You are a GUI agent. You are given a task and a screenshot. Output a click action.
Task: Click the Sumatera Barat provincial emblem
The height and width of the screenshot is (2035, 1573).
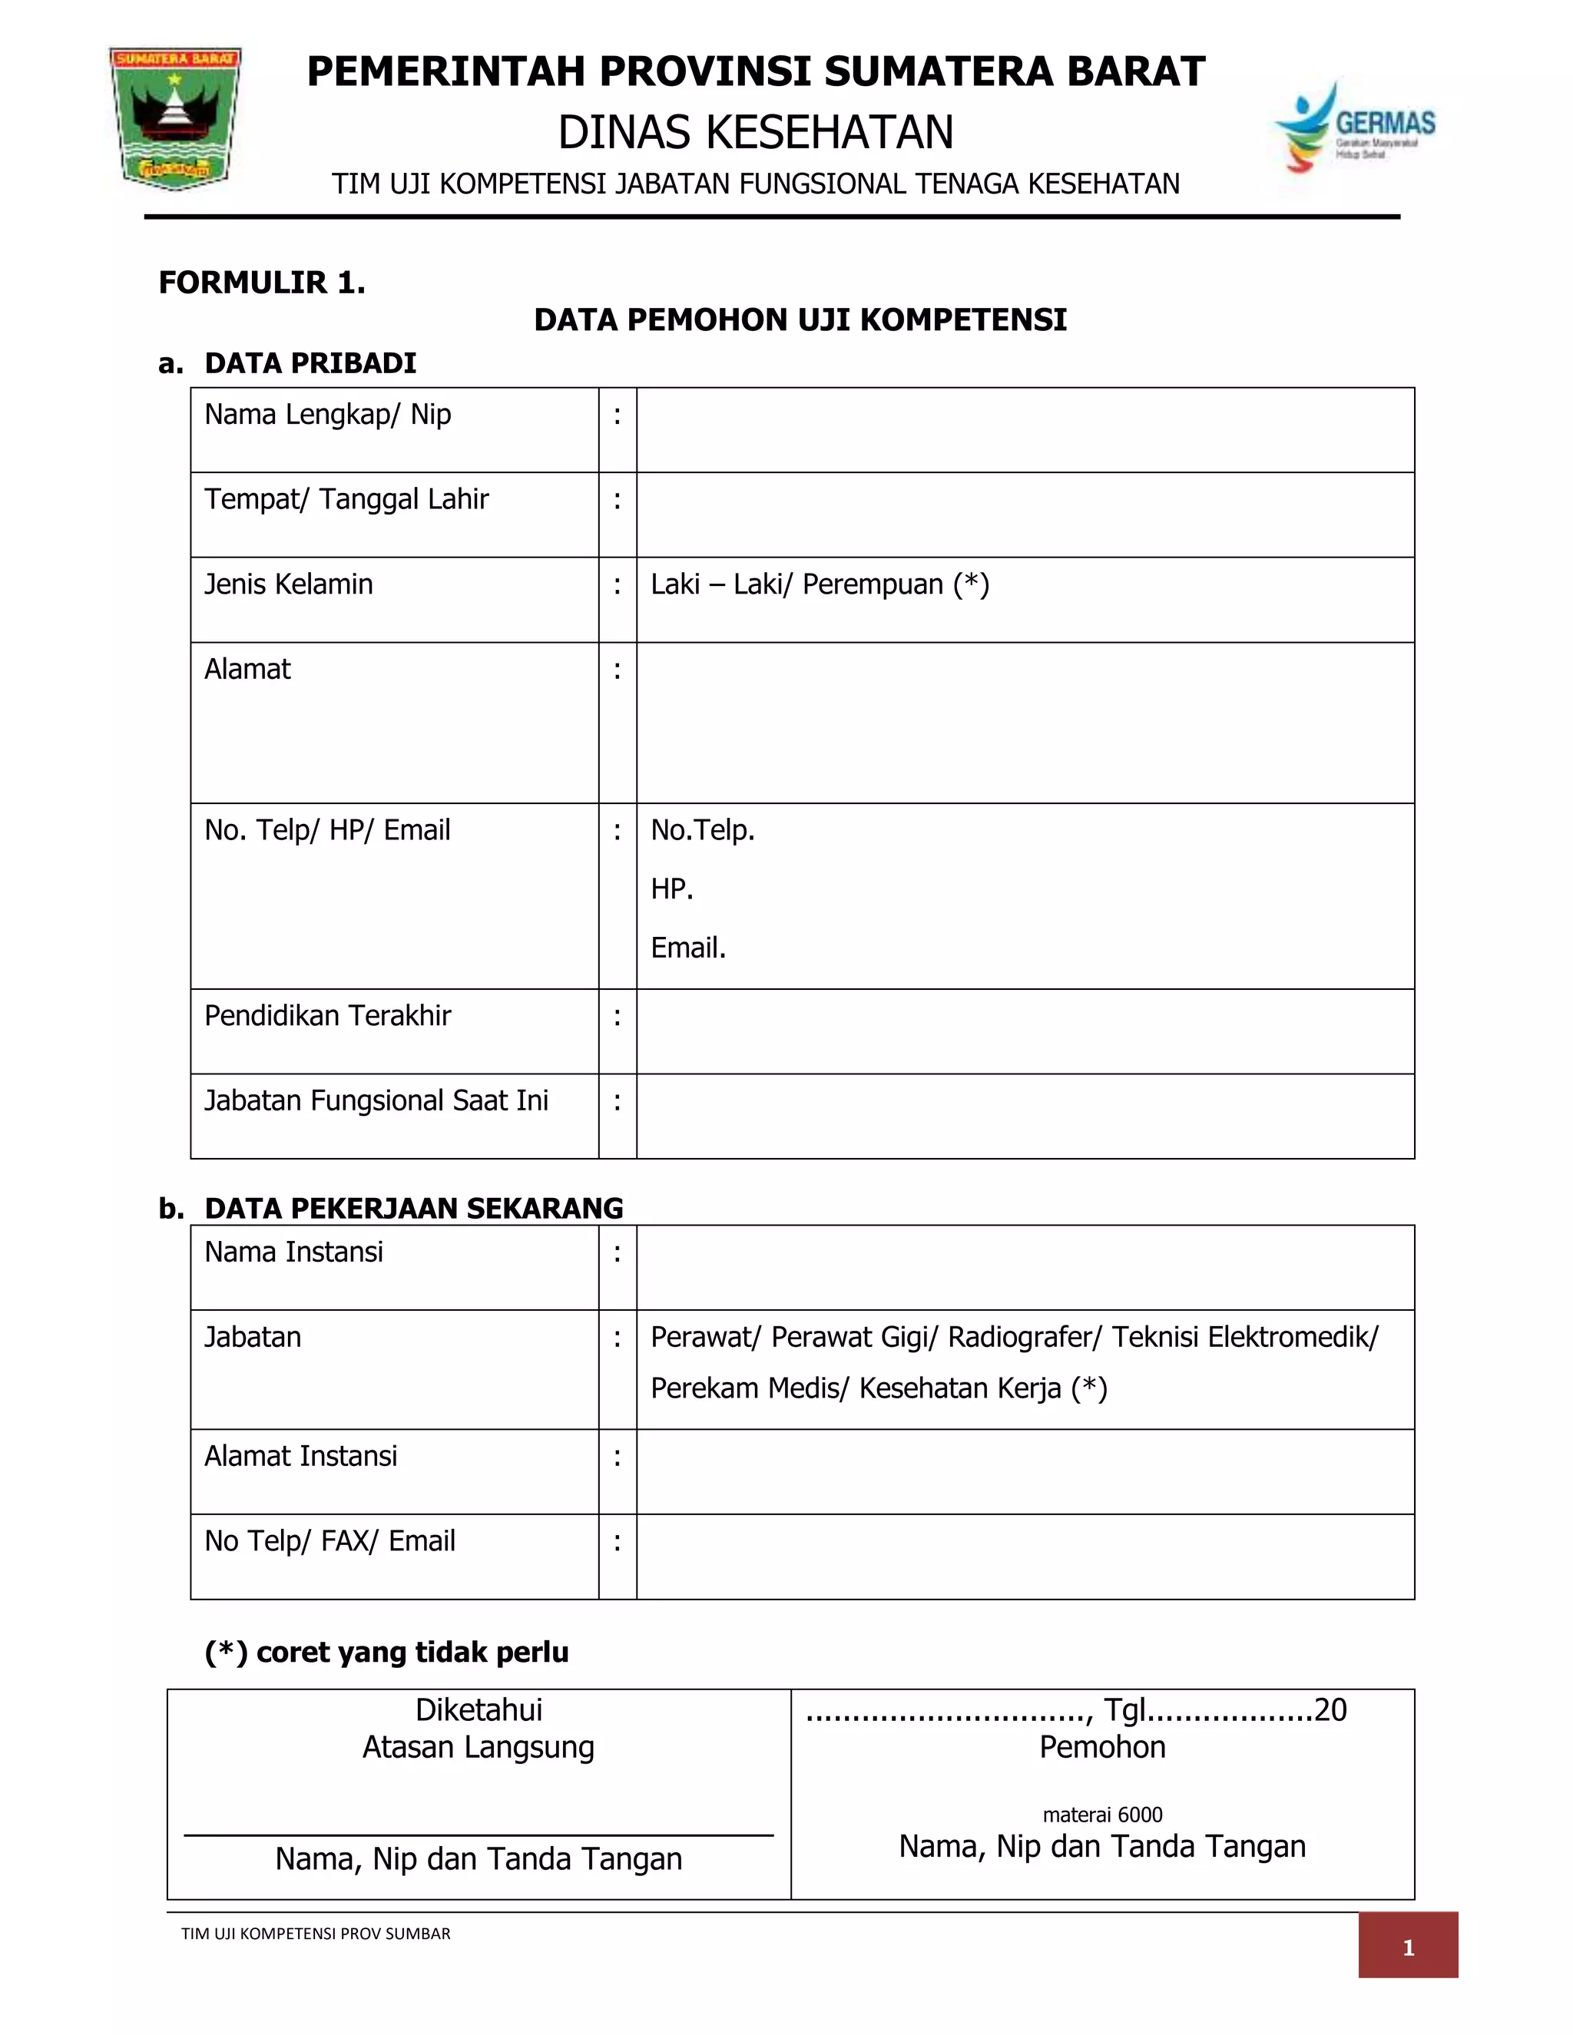coord(175,117)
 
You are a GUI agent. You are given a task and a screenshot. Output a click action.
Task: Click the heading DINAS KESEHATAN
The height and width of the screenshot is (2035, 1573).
coord(756,132)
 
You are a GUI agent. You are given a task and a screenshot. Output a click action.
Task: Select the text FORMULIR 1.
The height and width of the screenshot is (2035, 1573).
coord(262,283)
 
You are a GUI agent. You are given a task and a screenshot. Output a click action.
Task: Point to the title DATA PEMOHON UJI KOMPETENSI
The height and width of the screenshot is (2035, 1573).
coord(800,319)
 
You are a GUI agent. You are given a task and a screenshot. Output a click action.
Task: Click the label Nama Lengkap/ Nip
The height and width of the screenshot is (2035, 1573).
coord(327,415)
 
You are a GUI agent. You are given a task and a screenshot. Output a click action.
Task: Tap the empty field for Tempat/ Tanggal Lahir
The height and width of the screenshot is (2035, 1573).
coord(1025,515)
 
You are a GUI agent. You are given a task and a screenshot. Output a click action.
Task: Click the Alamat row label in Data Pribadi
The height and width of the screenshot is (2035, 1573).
coord(248,669)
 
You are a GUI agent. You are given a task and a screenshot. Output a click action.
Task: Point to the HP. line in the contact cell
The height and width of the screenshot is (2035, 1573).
coord(672,889)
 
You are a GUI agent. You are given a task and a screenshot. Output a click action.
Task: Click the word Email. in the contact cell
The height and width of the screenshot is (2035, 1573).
coord(687,948)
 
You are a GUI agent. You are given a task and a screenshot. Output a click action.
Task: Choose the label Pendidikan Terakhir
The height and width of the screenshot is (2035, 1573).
coord(327,1016)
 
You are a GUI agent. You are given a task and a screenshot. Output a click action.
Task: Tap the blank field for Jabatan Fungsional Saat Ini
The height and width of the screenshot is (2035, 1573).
coord(1025,1117)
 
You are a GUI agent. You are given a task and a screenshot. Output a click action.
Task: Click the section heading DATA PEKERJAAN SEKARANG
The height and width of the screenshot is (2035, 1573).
coord(414,1208)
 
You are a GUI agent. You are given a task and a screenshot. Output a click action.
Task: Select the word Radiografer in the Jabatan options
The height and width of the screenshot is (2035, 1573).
coord(1023,1337)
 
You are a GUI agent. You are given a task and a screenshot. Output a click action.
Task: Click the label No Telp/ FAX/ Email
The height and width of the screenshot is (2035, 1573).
coord(330,1541)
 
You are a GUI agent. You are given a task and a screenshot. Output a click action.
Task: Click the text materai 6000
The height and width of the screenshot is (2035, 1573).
coord(1102,1814)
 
